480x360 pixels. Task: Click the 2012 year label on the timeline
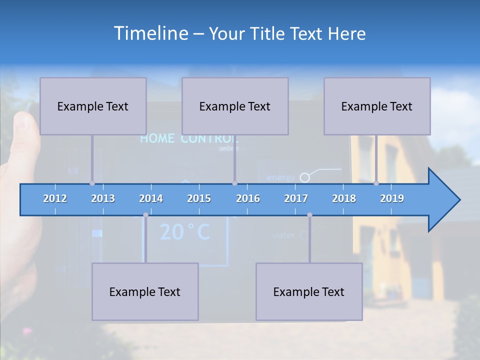click(x=55, y=198)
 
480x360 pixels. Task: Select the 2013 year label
click(x=103, y=198)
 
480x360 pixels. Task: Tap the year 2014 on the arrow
click(x=151, y=198)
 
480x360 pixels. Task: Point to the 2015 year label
click(x=199, y=198)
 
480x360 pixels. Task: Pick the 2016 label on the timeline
click(x=248, y=198)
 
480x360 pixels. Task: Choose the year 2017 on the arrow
click(x=296, y=198)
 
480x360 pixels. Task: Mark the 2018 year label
click(x=344, y=198)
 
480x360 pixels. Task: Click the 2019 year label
click(x=392, y=198)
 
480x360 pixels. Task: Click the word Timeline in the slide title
click(x=150, y=33)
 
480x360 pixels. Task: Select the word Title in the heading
click(x=269, y=33)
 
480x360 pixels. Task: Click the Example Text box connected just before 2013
click(x=93, y=106)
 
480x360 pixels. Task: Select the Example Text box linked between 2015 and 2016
click(x=235, y=106)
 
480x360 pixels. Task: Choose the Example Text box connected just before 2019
click(x=377, y=106)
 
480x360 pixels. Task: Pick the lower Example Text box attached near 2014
click(x=145, y=291)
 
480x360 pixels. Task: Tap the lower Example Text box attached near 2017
click(x=309, y=291)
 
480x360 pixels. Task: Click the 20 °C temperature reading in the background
click(x=184, y=232)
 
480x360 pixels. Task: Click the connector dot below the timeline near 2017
click(x=309, y=215)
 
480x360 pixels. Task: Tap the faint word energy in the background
click(x=280, y=177)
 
